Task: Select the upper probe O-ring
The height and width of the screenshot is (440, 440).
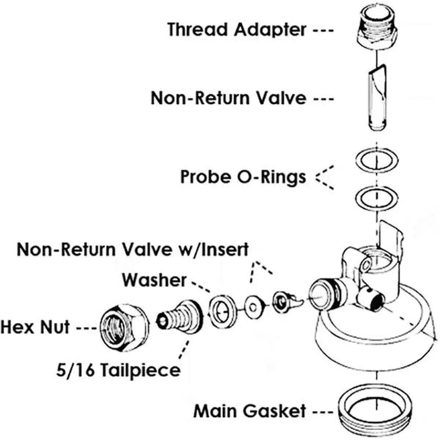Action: point(377,160)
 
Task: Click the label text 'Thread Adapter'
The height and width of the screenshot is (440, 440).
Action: point(236,29)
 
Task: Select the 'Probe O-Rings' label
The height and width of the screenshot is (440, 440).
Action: point(243,177)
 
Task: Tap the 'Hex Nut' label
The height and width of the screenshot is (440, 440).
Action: point(35,326)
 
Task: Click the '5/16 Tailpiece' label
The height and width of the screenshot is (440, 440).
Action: point(118,370)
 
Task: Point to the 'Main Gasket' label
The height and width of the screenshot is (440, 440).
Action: point(249,411)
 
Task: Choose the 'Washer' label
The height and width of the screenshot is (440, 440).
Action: point(154,280)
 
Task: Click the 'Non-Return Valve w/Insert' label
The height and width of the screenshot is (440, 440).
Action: point(133,250)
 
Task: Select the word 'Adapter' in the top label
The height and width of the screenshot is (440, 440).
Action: point(270,29)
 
